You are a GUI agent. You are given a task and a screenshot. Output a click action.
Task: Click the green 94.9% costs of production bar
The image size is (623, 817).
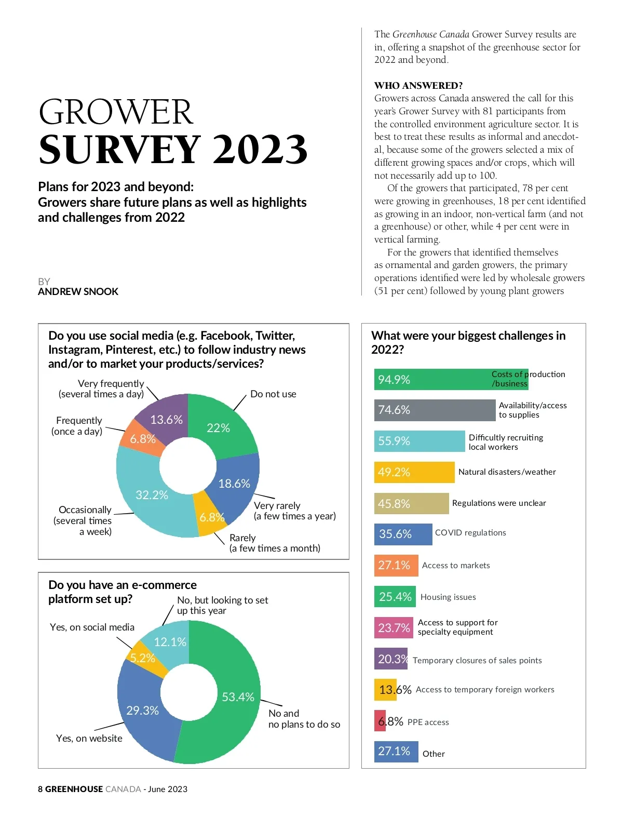click(441, 380)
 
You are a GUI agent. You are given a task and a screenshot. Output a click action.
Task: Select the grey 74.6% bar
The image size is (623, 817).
click(435, 410)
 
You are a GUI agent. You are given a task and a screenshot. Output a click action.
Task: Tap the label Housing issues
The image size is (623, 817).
click(448, 597)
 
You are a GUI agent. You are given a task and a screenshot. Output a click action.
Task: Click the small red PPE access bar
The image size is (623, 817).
click(380, 721)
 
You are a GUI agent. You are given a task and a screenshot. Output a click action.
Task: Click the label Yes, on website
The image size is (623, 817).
click(89, 738)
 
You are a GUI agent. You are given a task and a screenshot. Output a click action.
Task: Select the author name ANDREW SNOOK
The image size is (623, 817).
click(78, 292)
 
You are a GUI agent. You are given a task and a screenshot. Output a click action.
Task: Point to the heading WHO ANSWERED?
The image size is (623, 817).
click(418, 86)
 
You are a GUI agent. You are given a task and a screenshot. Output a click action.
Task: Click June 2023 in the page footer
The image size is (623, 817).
click(167, 789)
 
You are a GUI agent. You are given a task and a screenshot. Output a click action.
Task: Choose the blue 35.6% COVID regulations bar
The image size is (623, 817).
click(403, 534)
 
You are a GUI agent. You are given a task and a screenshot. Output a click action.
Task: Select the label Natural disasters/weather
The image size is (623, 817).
click(507, 472)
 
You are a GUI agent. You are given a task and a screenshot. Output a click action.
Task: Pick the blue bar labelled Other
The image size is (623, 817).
click(396, 752)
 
